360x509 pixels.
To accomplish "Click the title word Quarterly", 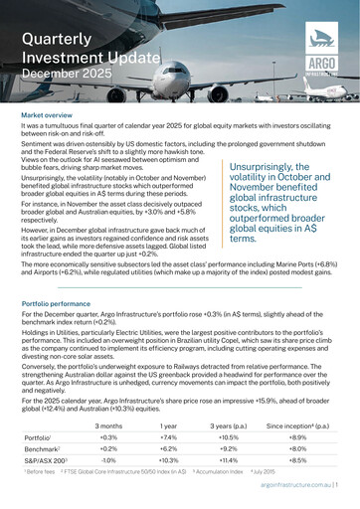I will [54, 39].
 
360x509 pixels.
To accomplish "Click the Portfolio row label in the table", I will [37, 437].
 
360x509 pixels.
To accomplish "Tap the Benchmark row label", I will [41, 450].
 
